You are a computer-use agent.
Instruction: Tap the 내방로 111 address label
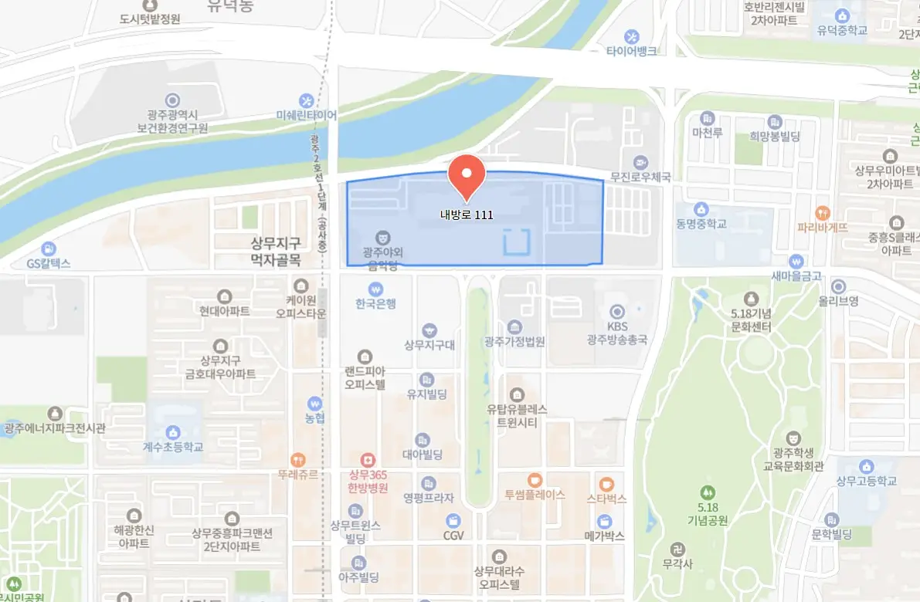click(467, 215)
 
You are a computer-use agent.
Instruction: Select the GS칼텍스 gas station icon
click(49, 249)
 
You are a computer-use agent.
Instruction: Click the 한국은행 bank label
click(376, 303)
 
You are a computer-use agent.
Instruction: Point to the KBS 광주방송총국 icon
click(616, 312)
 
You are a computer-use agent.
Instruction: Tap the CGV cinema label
click(453, 535)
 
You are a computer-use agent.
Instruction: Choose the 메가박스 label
click(604, 536)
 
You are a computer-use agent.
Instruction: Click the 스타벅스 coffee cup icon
click(606, 484)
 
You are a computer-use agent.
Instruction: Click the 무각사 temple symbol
click(677, 550)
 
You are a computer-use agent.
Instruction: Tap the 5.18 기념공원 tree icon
click(707, 492)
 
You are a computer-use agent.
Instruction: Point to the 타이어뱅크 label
click(631, 51)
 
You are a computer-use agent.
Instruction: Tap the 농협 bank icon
click(314, 403)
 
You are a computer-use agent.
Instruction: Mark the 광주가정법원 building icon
click(515, 326)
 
